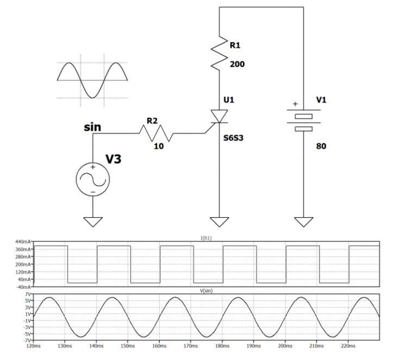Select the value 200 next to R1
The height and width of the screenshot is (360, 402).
(237, 64)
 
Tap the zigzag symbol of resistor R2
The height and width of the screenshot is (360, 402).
(157, 131)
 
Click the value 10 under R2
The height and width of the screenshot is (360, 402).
(158, 146)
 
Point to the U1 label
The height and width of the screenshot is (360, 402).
(229, 100)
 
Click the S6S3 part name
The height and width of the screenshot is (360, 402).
(234, 137)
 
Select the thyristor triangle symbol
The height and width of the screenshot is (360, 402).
(219, 116)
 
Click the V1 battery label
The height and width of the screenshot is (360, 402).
(322, 100)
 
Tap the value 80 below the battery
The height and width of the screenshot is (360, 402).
(321, 146)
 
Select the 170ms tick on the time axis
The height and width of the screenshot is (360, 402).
(191, 345)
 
